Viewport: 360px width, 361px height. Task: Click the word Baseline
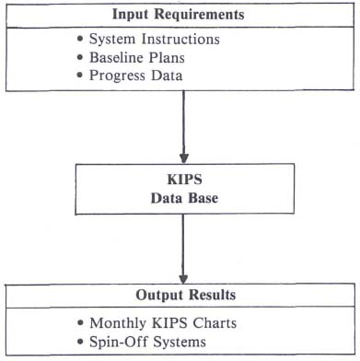pyautogui.click(x=118, y=57)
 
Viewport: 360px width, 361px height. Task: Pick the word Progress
pyautogui.click(x=119, y=76)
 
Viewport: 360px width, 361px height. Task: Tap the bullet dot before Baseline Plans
pyautogui.click(x=80, y=58)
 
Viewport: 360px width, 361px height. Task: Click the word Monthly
pyautogui.click(x=119, y=323)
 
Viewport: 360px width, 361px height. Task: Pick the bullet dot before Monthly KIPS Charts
pyautogui.click(x=80, y=324)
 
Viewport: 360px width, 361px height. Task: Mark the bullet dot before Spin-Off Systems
pyautogui.click(x=80, y=343)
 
